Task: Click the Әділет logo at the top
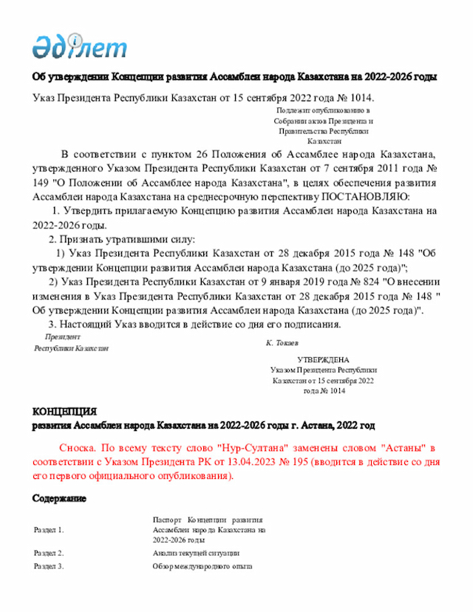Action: pyautogui.click(x=79, y=47)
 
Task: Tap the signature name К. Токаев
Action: pyautogui.click(x=282, y=344)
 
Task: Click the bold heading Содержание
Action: pyautogui.click(x=59, y=499)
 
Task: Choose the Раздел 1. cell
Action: pyautogui.click(x=50, y=530)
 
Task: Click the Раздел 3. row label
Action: pyautogui.click(x=50, y=566)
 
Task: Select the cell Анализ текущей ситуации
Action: pyautogui.click(x=196, y=553)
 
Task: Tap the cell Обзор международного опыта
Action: pyautogui.click(x=203, y=566)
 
